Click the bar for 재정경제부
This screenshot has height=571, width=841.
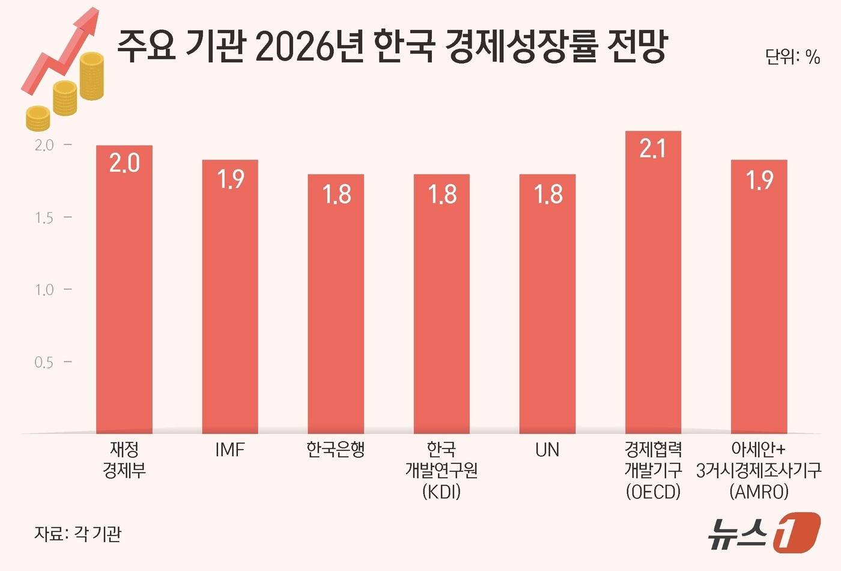124,289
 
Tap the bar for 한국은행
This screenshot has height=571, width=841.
336,304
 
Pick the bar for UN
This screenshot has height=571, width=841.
547,304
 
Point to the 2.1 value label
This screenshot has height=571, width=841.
653,149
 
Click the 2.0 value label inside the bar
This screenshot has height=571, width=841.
124,163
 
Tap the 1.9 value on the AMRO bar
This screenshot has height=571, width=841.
759,180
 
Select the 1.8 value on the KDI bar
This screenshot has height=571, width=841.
442,194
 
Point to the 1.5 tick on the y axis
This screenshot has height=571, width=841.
44,218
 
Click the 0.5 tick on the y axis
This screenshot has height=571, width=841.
44,362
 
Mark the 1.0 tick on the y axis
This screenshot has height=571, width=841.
44,290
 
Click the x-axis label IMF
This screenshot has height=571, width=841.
230,450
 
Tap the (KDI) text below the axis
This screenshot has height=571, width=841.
442,492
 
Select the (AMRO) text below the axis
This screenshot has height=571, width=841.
759,492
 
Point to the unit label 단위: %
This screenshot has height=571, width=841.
792,57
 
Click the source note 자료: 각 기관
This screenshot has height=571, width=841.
77,533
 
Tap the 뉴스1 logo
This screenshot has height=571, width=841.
762,532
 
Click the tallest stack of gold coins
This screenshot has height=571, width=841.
92,76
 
